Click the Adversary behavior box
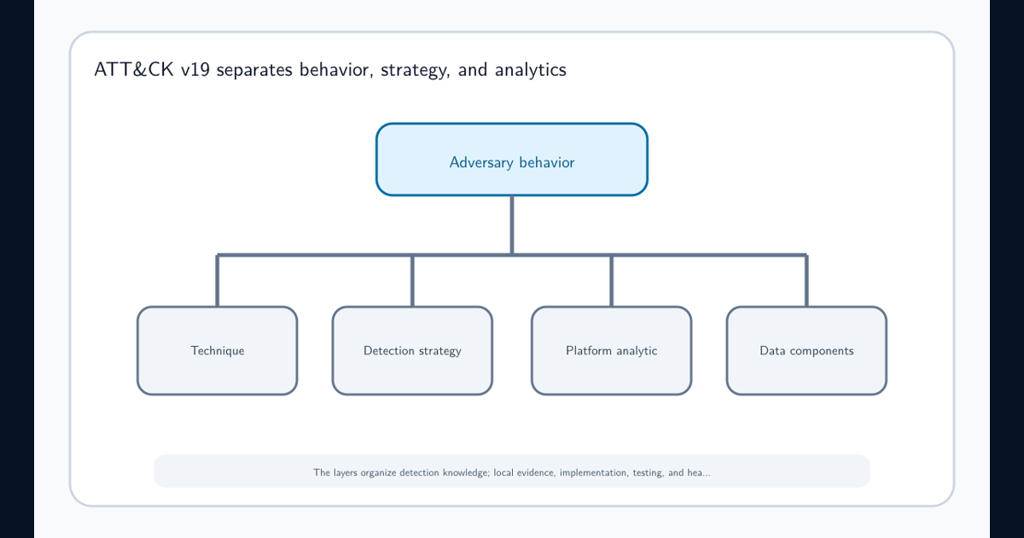(x=512, y=160)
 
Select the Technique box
(x=217, y=350)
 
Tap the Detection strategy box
(x=412, y=350)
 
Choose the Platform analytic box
(x=611, y=350)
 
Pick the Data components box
(x=806, y=350)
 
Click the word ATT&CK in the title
(x=134, y=69)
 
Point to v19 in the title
(x=195, y=69)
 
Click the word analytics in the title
(x=530, y=70)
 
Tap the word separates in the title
(x=254, y=70)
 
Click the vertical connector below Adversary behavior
(x=512, y=225)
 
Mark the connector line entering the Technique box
(x=217, y=280)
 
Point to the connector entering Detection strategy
(x=412, y=280)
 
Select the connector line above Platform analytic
(x=611, y=280)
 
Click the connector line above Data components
(x=806, y=280)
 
